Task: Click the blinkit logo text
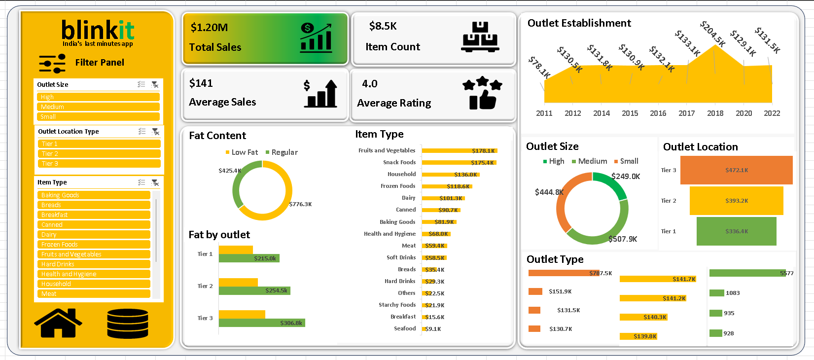(98, 31)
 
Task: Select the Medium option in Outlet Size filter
(98, 107)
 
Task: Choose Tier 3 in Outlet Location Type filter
(99, 164)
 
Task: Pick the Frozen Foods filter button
(94, 245)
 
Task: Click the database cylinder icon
(128, 324)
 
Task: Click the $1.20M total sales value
(209, 28)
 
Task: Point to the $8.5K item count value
(383, 26)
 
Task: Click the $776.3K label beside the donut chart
(300, 204)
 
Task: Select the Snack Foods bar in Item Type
(459, 162)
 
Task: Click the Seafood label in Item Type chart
(405, 328)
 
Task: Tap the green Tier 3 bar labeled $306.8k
(262, 323)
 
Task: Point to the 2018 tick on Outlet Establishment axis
(715, 113)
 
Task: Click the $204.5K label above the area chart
(712, 34)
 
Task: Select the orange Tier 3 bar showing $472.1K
(736, 170)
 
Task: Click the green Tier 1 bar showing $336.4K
(736, 231)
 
